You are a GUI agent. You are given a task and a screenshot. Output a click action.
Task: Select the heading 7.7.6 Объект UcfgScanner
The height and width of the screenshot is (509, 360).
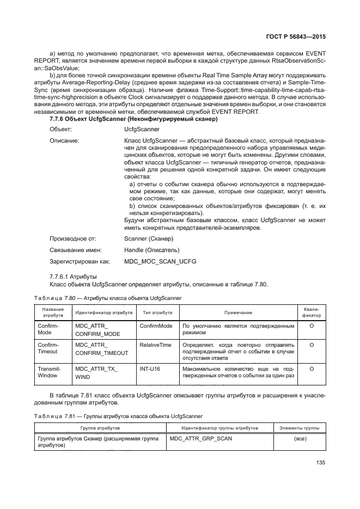[x=133, y=119]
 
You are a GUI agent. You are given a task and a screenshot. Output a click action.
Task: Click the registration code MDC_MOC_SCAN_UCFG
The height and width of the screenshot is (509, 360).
[x=160, y=262]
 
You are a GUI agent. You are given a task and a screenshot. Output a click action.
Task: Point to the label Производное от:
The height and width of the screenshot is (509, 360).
[x=73, y=238]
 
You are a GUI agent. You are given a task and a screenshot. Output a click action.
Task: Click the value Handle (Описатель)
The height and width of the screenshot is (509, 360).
[x=151, y=250]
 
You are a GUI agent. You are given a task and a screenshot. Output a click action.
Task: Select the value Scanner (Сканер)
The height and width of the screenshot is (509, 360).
[x=149, y=238]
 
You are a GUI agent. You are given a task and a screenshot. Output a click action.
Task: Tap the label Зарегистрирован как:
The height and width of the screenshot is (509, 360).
[x=80, y=262]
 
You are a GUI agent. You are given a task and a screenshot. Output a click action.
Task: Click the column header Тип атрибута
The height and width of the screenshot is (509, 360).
[x=157, y=313]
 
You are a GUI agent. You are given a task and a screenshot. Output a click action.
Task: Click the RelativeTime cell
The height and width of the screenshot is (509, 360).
[x=155, y=345]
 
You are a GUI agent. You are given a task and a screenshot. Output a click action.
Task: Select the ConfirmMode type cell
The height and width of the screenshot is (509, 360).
[x=156, y=326]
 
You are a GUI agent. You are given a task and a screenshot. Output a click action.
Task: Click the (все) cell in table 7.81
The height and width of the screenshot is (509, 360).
[x=300, y=438]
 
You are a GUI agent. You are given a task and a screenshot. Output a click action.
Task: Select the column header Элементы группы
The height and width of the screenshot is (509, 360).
[x=300, y=428]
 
